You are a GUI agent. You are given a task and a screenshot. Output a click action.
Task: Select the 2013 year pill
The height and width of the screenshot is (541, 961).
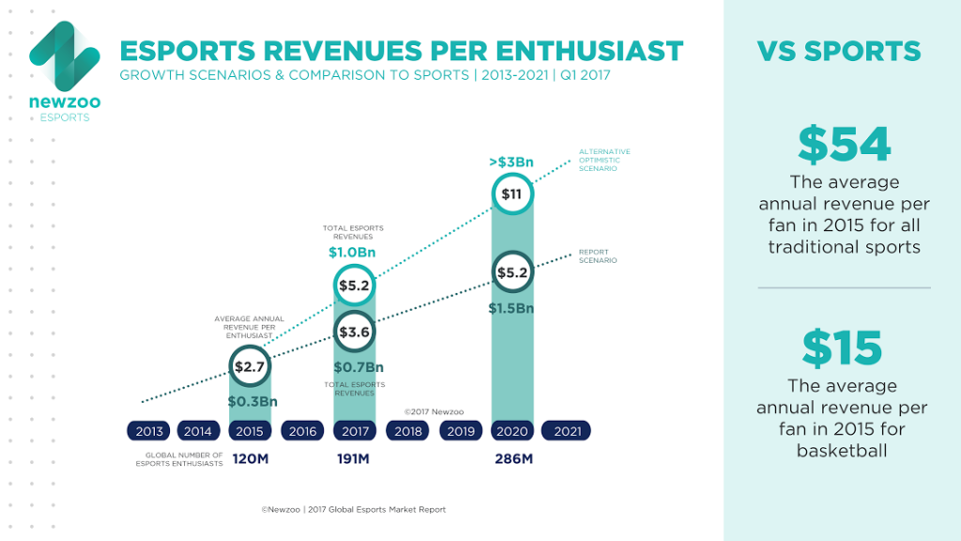pos(149,431)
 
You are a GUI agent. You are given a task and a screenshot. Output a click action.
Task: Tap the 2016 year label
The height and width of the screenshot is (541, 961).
pos(303,431)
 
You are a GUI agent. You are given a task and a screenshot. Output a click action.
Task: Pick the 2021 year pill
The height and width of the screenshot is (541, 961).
pos(566,431)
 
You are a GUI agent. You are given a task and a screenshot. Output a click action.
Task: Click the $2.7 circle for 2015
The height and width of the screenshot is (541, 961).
pos(251,366)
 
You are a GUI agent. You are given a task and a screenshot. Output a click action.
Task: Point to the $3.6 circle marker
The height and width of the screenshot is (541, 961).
pos(356,331)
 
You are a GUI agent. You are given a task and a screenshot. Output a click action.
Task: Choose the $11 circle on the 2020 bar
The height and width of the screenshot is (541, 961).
pos(511,194)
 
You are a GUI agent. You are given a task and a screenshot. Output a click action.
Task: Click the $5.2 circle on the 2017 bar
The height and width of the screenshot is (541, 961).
pos(356,286)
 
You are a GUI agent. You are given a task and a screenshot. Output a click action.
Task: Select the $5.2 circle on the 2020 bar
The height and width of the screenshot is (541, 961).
pos(511,272)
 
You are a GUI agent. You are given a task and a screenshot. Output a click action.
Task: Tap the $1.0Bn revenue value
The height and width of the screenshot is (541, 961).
pos(354,252)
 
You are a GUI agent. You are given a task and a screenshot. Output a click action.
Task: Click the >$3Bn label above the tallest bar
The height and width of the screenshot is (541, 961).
pos(511,162)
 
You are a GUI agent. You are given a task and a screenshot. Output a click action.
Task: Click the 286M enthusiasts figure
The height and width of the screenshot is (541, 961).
pos(513,459)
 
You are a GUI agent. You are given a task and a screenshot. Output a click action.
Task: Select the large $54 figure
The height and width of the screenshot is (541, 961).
pos(844,144)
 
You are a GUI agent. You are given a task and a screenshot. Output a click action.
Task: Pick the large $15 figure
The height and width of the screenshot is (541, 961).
pos(842,348)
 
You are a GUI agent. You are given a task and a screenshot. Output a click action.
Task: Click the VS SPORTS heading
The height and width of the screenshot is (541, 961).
pos(839,51)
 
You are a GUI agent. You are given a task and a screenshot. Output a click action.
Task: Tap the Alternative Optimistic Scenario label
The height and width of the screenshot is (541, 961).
pos(604,161)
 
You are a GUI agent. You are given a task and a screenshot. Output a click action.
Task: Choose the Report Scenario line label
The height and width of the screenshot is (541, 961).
pos(598,256)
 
